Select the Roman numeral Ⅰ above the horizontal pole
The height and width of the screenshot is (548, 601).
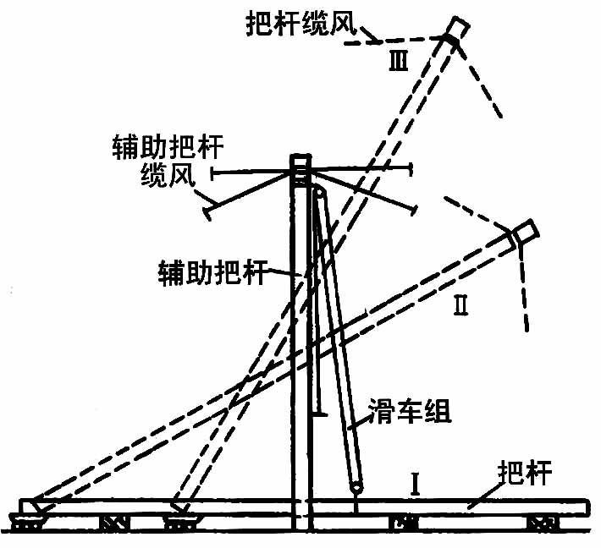416,484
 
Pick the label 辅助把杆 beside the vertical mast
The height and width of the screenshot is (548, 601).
212,272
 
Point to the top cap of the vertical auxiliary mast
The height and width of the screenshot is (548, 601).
300,160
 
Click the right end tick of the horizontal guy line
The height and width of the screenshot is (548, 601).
412,171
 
